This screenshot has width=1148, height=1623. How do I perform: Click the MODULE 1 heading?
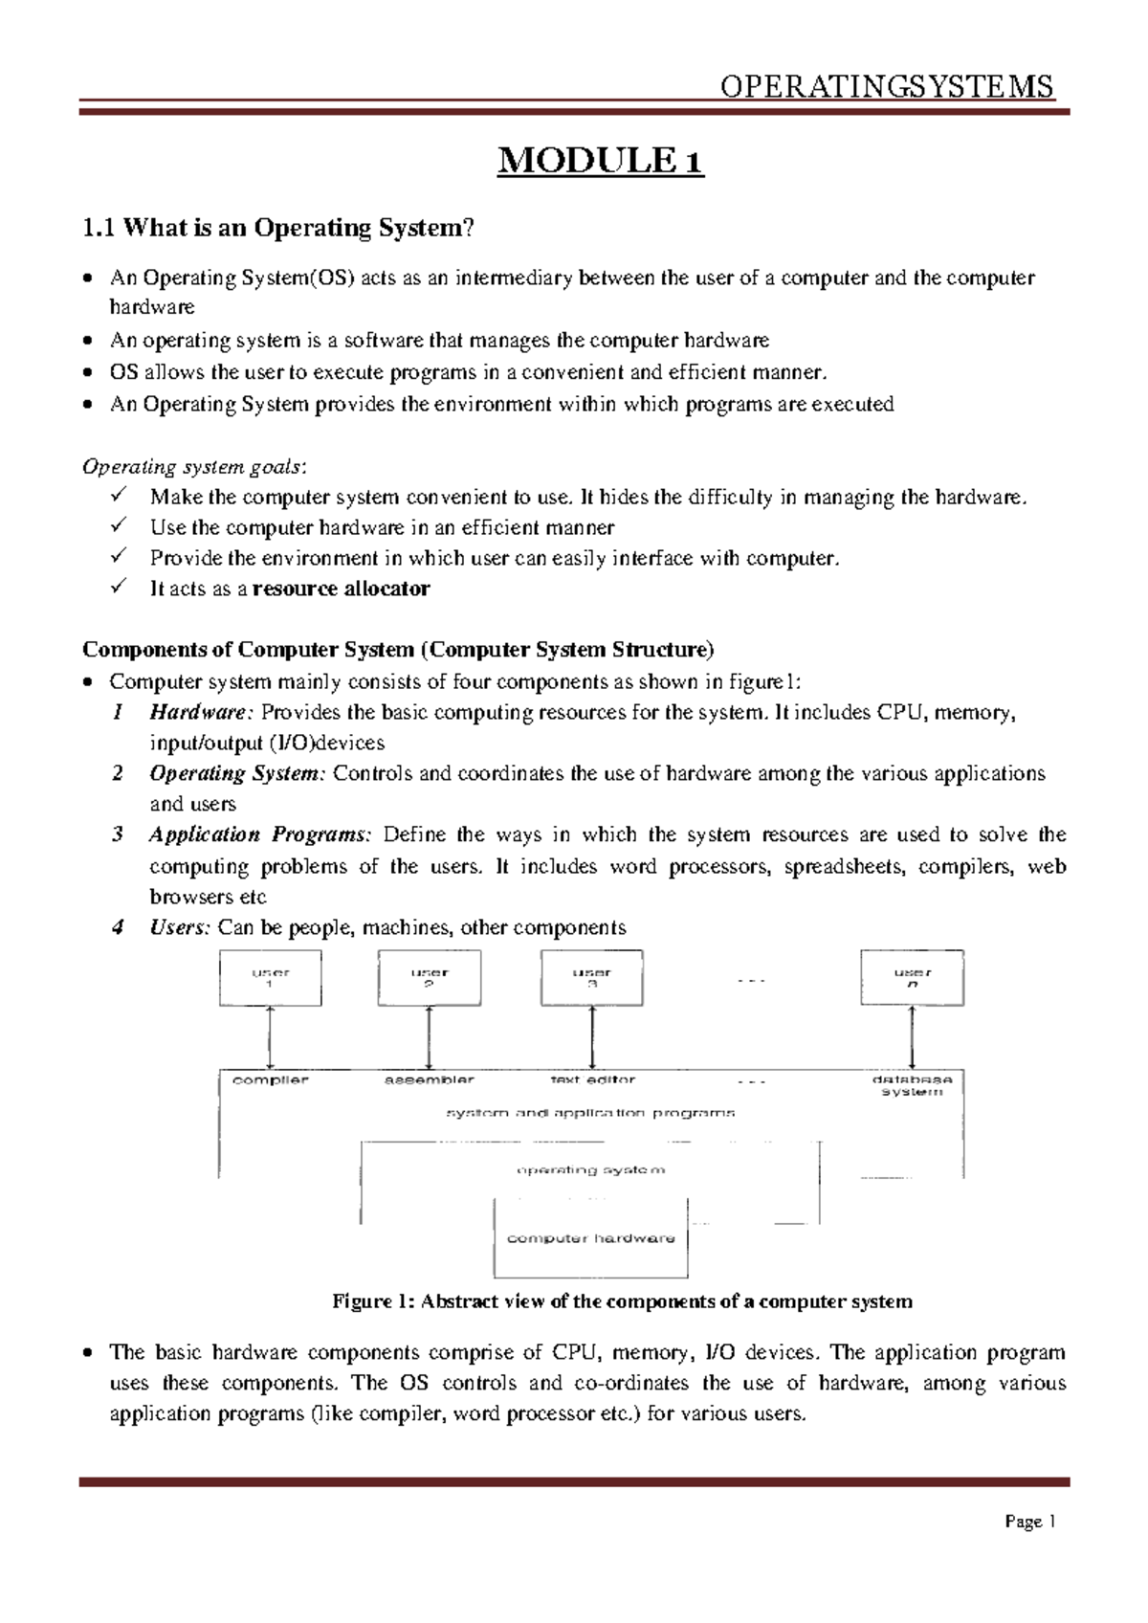600,161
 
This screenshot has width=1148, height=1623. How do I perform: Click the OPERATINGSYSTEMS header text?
886,87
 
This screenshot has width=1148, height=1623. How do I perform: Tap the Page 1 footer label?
1029,1522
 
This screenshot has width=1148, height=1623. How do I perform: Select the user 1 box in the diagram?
270,978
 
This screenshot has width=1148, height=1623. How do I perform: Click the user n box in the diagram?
912,978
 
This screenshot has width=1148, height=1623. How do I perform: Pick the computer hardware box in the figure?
590,1238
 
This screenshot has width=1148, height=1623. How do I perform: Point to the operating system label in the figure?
590,1169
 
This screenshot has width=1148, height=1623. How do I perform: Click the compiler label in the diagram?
271,1079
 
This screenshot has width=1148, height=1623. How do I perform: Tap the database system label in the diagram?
912,1085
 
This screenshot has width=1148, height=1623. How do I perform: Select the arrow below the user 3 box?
592,1037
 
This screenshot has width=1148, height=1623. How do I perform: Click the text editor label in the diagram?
592,1079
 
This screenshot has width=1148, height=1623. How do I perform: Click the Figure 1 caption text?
622,1301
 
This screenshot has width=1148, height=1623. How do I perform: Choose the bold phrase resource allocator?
341,589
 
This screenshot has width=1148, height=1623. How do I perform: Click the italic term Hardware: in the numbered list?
201,712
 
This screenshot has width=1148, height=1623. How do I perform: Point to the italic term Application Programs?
259,834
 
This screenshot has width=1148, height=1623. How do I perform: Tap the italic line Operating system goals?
194,467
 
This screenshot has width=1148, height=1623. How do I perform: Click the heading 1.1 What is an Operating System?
277,228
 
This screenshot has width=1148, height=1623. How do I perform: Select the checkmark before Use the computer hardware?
119,526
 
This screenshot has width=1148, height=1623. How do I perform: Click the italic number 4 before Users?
118,927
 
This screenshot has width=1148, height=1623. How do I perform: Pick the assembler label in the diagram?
429,1079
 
